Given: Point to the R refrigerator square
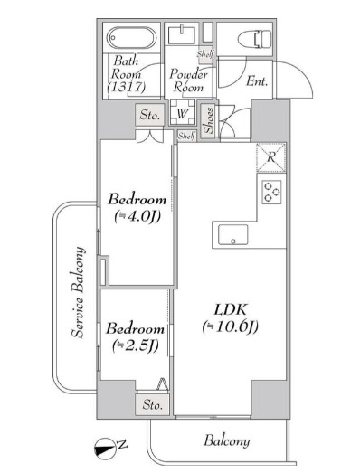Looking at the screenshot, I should point(271,157).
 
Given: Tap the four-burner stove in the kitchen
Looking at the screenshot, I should point(272,191).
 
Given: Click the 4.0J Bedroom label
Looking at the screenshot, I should point(137,207).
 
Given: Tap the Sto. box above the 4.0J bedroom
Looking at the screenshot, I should point(150,115).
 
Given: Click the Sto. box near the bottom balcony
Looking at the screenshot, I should point(153,406).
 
